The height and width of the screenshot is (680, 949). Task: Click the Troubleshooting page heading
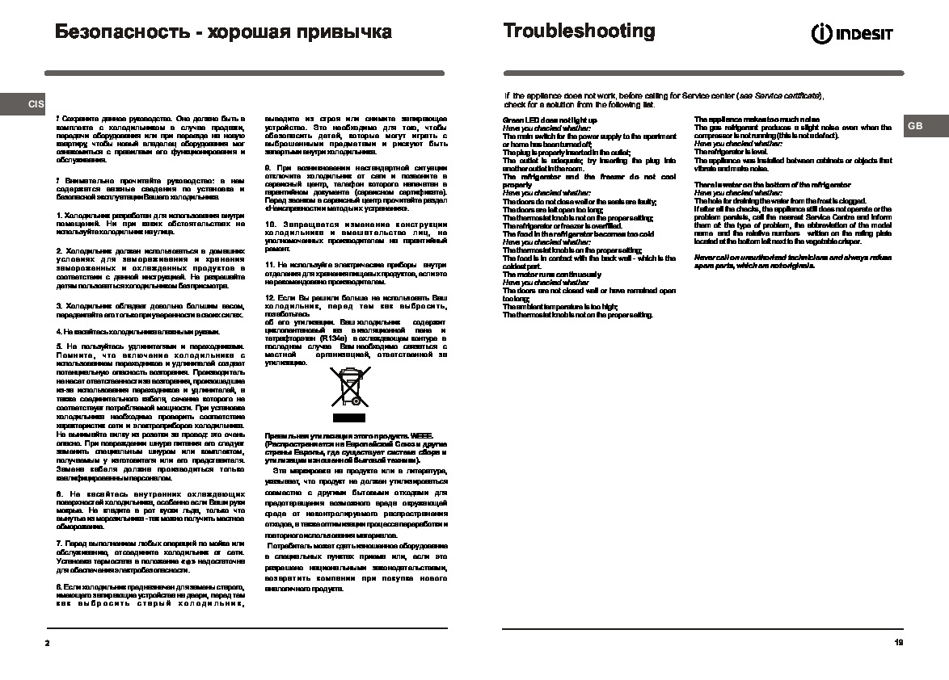pos(579,31)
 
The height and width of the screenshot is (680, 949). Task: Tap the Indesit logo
pos(852,34)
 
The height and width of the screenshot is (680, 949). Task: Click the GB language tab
pos(914,126)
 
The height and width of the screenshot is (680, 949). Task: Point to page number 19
pos(899,643)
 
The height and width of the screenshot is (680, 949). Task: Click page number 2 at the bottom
pos(48,643)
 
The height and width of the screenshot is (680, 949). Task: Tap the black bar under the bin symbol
pos(349,418)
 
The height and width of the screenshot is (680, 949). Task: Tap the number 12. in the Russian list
pos(271,299)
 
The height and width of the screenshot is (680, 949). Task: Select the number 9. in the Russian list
pos(268,167)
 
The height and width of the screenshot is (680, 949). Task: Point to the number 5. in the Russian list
pos(59,346)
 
